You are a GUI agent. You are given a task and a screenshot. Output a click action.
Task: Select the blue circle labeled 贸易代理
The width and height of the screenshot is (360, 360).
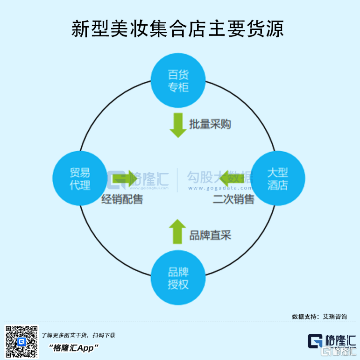80,178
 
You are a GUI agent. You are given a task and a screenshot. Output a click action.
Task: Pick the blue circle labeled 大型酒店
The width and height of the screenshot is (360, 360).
278,178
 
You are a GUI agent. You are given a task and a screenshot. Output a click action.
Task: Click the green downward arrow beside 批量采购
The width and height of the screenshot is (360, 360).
178,125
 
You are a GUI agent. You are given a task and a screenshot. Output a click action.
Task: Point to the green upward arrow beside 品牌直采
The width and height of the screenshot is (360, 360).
177,232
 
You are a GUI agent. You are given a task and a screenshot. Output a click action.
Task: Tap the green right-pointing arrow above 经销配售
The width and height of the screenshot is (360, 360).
124,178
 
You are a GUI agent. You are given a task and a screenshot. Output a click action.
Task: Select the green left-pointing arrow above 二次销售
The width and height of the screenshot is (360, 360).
232,178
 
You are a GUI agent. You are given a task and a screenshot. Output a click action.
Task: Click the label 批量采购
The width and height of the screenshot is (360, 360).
210,124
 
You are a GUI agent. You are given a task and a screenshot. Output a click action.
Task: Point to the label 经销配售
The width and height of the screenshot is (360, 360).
122,200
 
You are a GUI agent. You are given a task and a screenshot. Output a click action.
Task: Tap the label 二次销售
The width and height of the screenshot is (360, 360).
233,200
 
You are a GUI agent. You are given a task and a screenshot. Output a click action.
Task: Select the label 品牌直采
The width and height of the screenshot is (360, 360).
210,235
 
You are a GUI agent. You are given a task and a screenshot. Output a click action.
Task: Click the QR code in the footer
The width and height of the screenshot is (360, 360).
21,342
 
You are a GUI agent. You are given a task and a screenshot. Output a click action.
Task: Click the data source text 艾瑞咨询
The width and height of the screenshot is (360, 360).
335,317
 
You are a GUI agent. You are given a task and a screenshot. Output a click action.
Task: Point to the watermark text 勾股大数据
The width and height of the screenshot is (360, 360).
219,177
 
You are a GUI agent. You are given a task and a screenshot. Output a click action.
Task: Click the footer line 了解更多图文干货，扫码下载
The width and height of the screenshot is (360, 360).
78,335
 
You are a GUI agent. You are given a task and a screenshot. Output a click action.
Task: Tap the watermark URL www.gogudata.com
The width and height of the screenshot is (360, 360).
220,188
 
